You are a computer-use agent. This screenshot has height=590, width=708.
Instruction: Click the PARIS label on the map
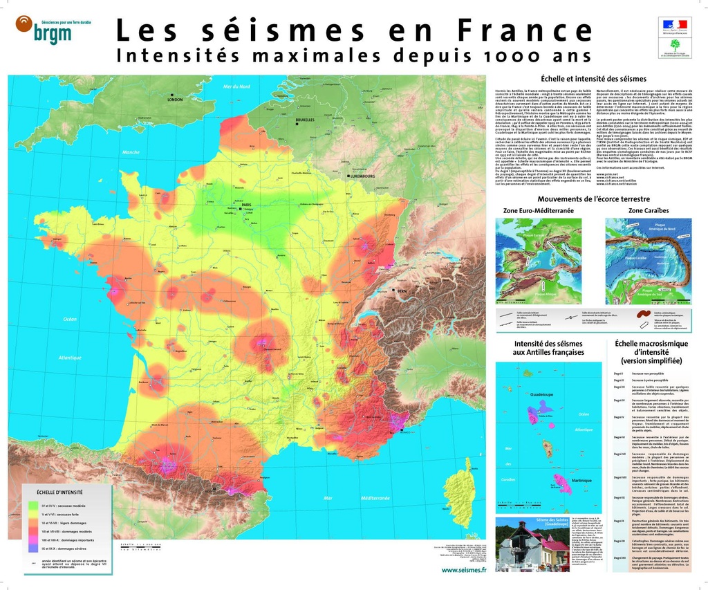coord(246,205)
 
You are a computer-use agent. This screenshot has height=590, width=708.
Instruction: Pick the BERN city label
coord(402,292)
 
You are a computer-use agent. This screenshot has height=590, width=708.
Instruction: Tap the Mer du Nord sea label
coord(236,86)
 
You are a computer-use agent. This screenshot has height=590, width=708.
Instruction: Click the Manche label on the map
coord(131,152)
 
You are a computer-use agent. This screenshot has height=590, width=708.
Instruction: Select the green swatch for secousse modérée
coord(32,506)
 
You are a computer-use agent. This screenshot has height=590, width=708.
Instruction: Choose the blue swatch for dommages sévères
coord(32,548)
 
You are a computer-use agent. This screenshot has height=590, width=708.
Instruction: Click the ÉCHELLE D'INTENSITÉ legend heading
coord(60,492)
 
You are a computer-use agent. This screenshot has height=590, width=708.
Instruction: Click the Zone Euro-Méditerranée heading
coord(539,210)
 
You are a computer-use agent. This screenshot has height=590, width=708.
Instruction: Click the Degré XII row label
coord(619,556)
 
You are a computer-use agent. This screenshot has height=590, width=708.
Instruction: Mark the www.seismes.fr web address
coord(463,570)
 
